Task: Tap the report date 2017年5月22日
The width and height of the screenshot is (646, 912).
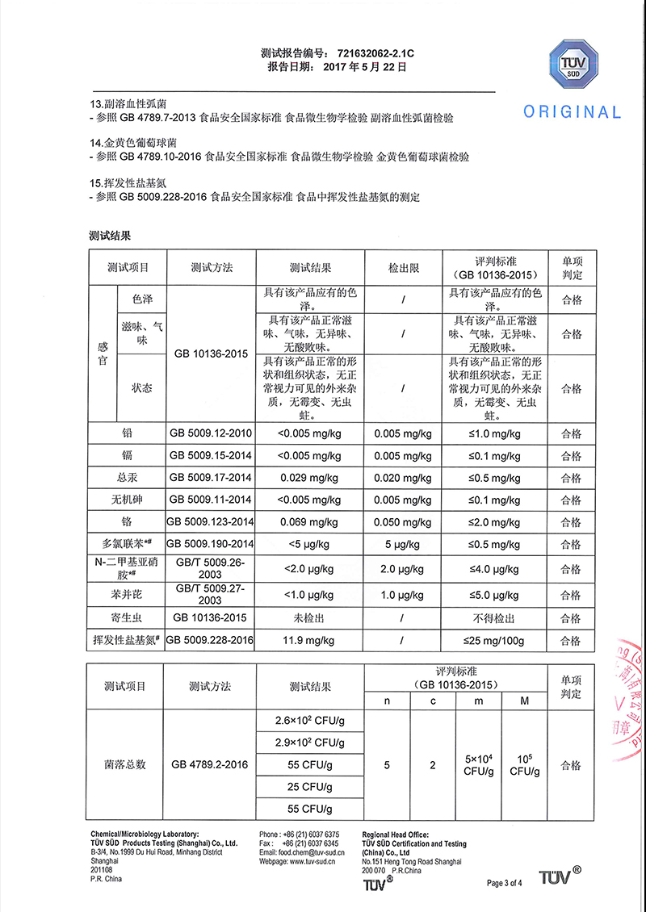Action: (x=364, y=67)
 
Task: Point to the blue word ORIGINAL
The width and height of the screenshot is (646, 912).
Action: (x=573, y=112)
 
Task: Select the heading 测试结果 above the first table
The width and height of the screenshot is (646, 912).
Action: (x=110, y=236)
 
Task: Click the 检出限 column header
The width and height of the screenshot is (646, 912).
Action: (x=403, y=267)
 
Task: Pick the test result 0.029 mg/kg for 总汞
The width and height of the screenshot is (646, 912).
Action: (x=310, y=477)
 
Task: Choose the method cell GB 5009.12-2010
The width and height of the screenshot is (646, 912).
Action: (x=211, y=433)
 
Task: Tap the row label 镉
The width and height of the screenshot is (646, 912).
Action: (x=127, y=455)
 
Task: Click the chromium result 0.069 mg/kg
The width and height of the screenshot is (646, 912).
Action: (x=310, y=521)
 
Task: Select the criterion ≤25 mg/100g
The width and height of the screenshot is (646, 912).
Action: (x=494, y=641)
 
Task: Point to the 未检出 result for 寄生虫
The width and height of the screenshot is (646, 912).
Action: (x=310, y=618)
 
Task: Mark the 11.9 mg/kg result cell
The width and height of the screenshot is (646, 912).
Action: (x=310, y=641)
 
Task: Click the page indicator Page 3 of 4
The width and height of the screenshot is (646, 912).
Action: (x=505, y=882)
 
